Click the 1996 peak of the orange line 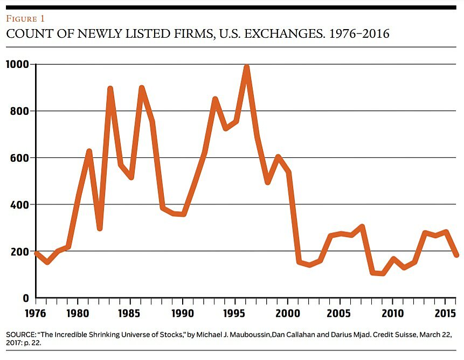(246, 67)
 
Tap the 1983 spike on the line (110, 89)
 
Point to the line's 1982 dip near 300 (99, 228)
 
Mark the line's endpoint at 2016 (456, 255)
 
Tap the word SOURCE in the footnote (20, 335)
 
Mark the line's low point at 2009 (383, 273)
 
